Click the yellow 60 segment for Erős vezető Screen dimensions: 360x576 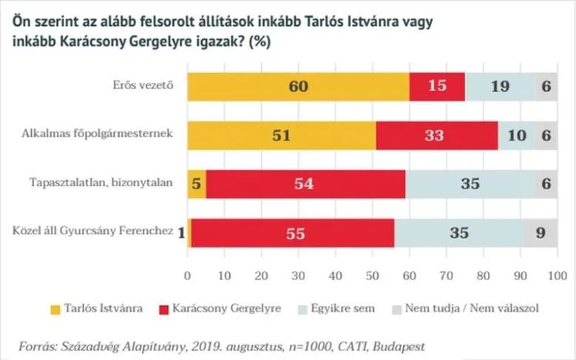298,87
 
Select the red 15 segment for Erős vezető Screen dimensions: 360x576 436,87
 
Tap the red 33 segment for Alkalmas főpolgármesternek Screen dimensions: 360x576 437,135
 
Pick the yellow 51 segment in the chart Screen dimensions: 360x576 281,135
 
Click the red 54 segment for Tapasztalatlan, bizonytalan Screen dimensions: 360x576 305,184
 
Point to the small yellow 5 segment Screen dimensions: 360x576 197,184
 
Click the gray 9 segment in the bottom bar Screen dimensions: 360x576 540,232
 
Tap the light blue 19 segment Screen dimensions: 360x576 500,87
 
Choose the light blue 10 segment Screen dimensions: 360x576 516,135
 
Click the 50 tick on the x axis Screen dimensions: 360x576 372,276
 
